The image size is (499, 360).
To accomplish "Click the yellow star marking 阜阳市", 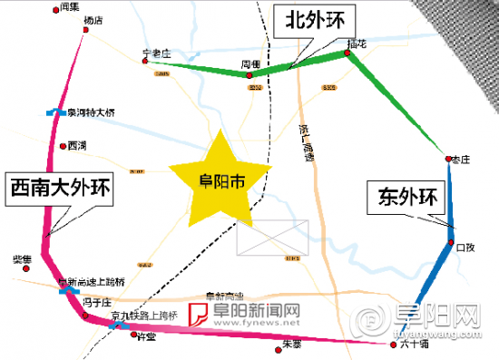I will click(x=221, y=180).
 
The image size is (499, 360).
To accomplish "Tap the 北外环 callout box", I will click(x=308, y=21).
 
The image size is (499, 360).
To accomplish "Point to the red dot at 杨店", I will click(x=85, y=30).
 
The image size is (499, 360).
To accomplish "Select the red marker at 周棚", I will click(x=250, y=76).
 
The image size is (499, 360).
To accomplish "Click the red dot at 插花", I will click(x=347, y=53).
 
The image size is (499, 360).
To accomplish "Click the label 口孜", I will click(x=465, y=246).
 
